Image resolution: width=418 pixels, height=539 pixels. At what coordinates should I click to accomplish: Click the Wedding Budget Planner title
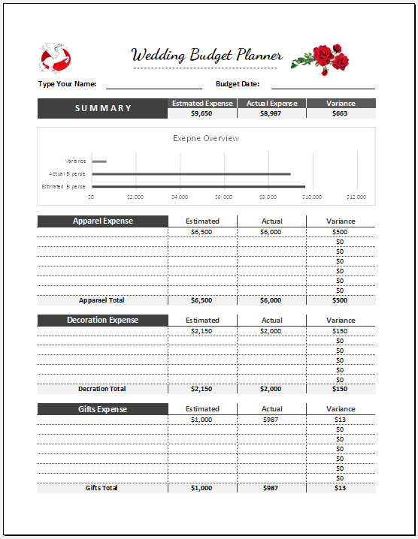(207, 56)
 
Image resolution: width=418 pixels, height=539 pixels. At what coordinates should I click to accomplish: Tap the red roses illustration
(320, 59)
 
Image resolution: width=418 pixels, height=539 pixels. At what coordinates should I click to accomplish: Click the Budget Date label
(238, 84)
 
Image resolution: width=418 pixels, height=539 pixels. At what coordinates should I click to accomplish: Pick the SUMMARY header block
(103, 109)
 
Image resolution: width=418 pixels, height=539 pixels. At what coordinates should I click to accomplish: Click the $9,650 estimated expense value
(202, 114)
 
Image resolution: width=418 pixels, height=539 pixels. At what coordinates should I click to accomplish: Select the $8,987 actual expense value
(271, 114)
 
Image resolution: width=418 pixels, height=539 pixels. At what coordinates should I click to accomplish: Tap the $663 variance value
(341, 114)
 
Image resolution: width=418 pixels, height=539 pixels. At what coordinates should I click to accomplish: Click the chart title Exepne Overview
(206, 138)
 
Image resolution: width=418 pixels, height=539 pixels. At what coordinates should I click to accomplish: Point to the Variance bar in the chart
(98, 161)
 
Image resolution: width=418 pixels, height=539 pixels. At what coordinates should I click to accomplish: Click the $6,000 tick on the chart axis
(223, 197)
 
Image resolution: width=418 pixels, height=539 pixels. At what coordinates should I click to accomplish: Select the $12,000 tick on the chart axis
(356, 197)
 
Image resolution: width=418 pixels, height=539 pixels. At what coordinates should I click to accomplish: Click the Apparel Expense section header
(103, 221)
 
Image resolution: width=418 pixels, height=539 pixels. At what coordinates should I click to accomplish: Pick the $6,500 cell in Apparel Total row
(201, 300)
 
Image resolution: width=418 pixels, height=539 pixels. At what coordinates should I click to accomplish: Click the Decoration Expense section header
(103, 321)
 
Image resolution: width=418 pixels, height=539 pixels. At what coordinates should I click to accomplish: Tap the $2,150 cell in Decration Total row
(201, 389)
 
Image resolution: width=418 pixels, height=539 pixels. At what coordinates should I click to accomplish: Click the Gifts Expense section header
(103, 409)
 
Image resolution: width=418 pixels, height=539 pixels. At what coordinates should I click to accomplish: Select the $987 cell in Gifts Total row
(271, 488)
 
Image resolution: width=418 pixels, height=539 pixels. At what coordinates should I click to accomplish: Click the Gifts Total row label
(101, 488)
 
